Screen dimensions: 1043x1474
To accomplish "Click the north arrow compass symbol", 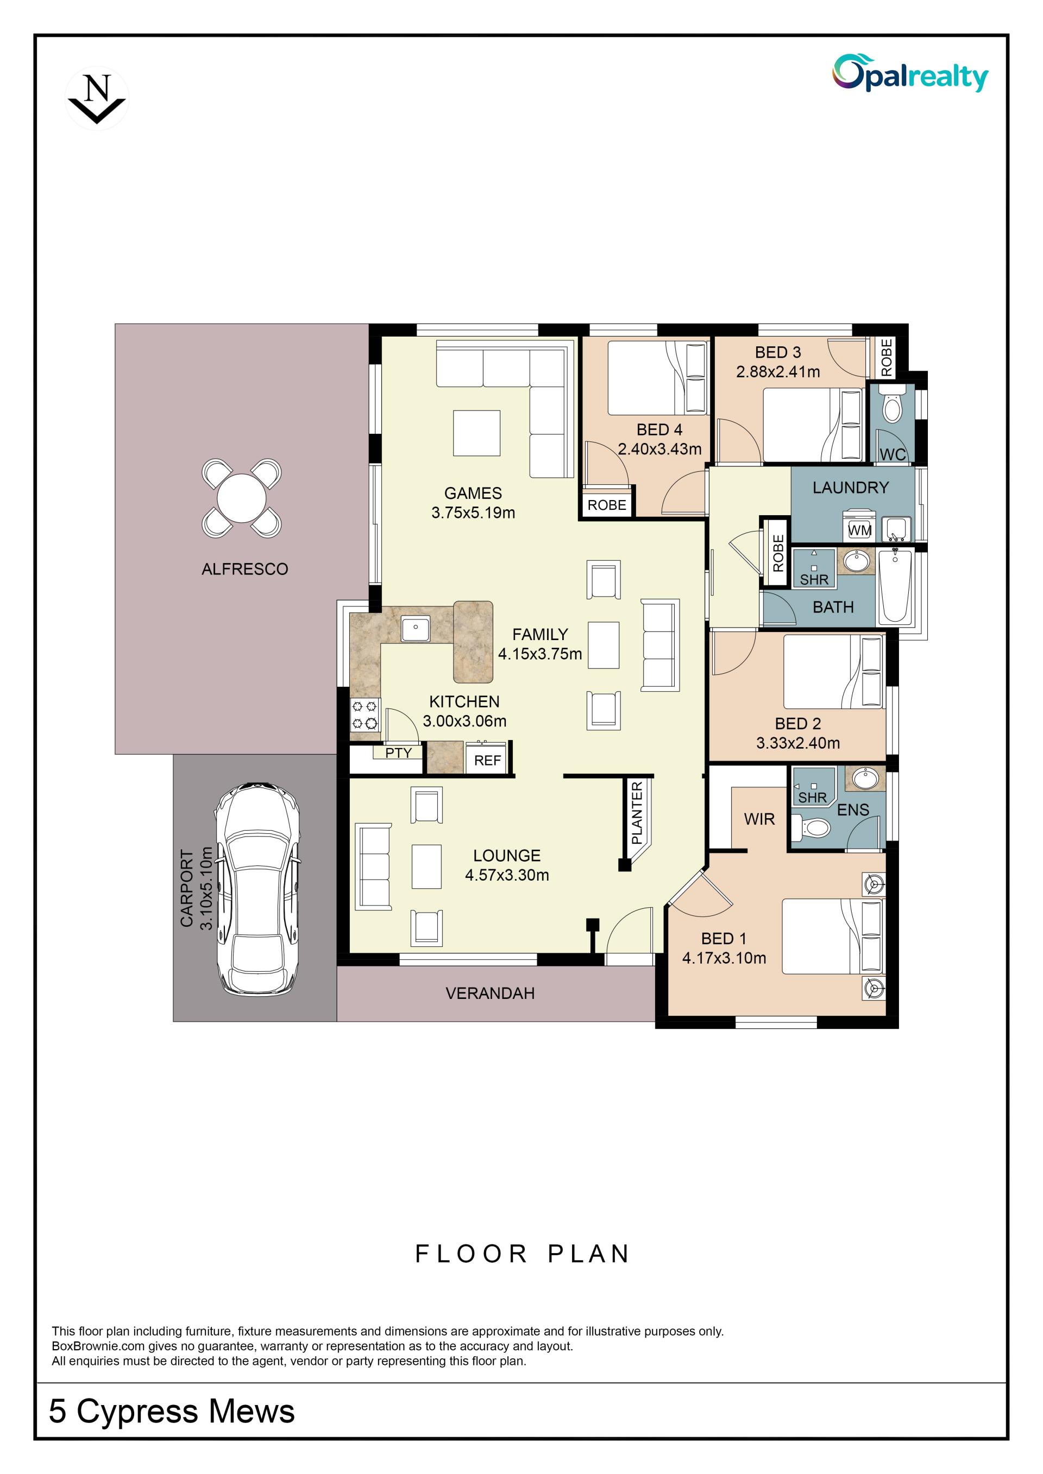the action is pos(97,98).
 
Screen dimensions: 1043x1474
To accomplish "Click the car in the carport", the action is pos(257,889).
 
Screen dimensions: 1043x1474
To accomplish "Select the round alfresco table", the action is pos(242,498).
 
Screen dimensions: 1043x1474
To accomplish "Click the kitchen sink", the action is pos(416,629).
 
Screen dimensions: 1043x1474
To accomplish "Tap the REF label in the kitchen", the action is pos(487,761).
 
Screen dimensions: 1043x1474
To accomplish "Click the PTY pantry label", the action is pos(398,752).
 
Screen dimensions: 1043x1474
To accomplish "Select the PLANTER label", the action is pos(637,813).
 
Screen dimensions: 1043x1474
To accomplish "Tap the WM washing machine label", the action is pos(860,530).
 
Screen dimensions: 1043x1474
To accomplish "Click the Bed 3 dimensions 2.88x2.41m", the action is pos(778,372).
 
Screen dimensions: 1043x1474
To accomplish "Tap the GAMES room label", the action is pos(473,493).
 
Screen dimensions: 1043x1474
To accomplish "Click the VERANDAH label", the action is pos(490,993).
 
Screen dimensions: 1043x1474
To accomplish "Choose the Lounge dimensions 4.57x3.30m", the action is pos(507,875).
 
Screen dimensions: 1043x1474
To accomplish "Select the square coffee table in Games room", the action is pos(476,433).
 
